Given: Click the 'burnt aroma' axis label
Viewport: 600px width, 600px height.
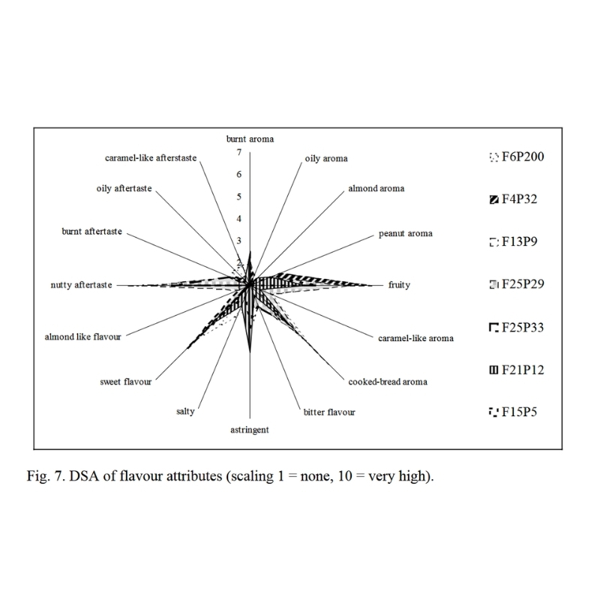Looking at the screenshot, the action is (x=250, y=139).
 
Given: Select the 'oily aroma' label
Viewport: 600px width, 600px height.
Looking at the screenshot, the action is (x=326, y=158).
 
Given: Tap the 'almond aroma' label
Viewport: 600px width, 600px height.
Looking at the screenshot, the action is (x=376, y=188).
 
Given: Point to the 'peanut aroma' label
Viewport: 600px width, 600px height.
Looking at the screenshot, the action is (x=406, y=233).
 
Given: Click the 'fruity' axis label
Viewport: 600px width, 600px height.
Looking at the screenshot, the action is (x=399, y=285).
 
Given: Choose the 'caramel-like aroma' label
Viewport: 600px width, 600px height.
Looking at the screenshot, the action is (x=416, y=338).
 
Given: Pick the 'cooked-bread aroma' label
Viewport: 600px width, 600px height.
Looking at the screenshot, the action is (x=388, y=382).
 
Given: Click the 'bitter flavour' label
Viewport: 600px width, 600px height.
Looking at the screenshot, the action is (x=329, y=412).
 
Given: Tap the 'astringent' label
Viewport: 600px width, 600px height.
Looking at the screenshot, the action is (x=250, y=430).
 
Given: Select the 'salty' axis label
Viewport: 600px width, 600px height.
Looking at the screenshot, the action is (x=185, y=411).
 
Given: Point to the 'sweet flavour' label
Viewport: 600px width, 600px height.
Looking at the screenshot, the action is (x=126, y=382).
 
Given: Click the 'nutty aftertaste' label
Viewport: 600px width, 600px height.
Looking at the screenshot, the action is (x=82, y=285).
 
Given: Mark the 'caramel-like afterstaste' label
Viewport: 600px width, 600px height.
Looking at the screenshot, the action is (x=151, y=158).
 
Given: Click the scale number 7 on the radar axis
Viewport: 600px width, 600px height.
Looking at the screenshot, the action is (x=239, y=152).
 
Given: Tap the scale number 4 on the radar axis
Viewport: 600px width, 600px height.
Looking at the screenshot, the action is (x=239, y=219).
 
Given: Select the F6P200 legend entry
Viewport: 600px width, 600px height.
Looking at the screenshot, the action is (x=517, y=157).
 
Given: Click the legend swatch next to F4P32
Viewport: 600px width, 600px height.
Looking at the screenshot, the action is (x=494, y=199).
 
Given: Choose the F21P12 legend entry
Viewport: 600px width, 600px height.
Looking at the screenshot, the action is (x=517, y=370).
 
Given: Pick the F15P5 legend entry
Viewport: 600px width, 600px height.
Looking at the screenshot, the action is (x=513, y=412).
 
